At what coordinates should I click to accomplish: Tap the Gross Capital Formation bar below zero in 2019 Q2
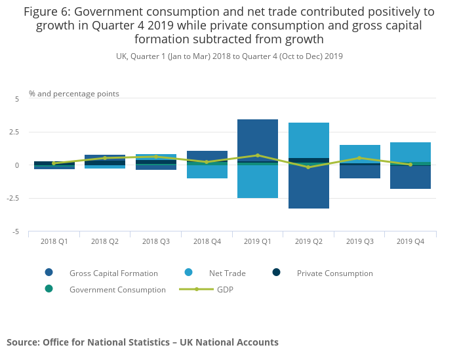tap(309, 187)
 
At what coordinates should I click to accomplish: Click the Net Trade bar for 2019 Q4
tap(410, 151)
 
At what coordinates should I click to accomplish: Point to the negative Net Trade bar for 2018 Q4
tap(207, 172)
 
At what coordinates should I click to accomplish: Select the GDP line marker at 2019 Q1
tap(258, 155)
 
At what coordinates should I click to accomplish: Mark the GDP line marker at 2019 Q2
tap(309, 167)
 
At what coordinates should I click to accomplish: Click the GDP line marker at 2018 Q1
tap(54, 163)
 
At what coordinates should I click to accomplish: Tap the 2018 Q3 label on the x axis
tap(156, 242)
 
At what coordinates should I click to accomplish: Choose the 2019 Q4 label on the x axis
tap(410, 242)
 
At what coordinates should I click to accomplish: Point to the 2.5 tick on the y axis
tap(14, 132)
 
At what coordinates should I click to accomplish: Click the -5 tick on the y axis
tap(16, 232)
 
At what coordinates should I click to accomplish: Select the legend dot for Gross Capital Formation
tap(49, 273)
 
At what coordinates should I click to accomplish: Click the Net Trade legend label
tap(227, 273)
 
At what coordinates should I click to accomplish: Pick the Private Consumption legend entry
tap(334, 273)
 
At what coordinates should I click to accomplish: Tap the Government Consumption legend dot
tap(49, 289)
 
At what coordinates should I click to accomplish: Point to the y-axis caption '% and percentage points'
tap(74, 94)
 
